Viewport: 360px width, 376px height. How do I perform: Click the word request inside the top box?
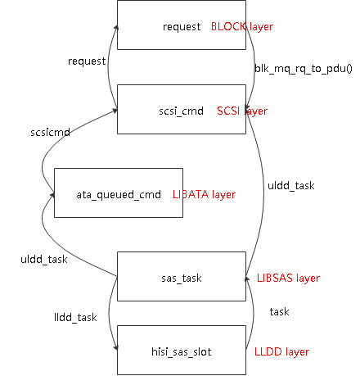pos(182,27)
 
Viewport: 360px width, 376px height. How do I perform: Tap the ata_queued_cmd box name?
pos(112,195)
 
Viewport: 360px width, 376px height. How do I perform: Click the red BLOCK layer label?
pos(242,27)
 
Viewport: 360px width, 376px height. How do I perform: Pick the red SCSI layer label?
pos(241,111)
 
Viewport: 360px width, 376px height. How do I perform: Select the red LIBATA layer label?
pos(204,195)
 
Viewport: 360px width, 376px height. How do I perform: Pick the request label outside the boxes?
pos(86,61)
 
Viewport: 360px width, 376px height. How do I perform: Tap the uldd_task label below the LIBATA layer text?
pos(290,186)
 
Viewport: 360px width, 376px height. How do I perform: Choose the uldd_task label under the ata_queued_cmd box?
pos(43,260)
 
